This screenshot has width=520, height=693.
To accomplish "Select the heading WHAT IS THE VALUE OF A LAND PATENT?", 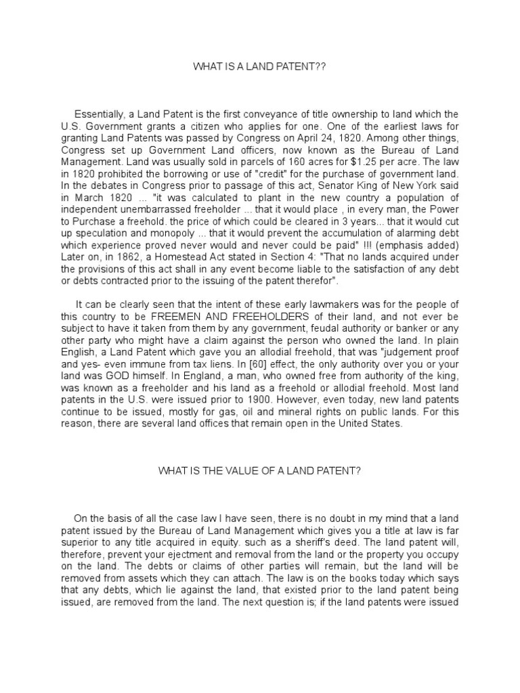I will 259,471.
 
